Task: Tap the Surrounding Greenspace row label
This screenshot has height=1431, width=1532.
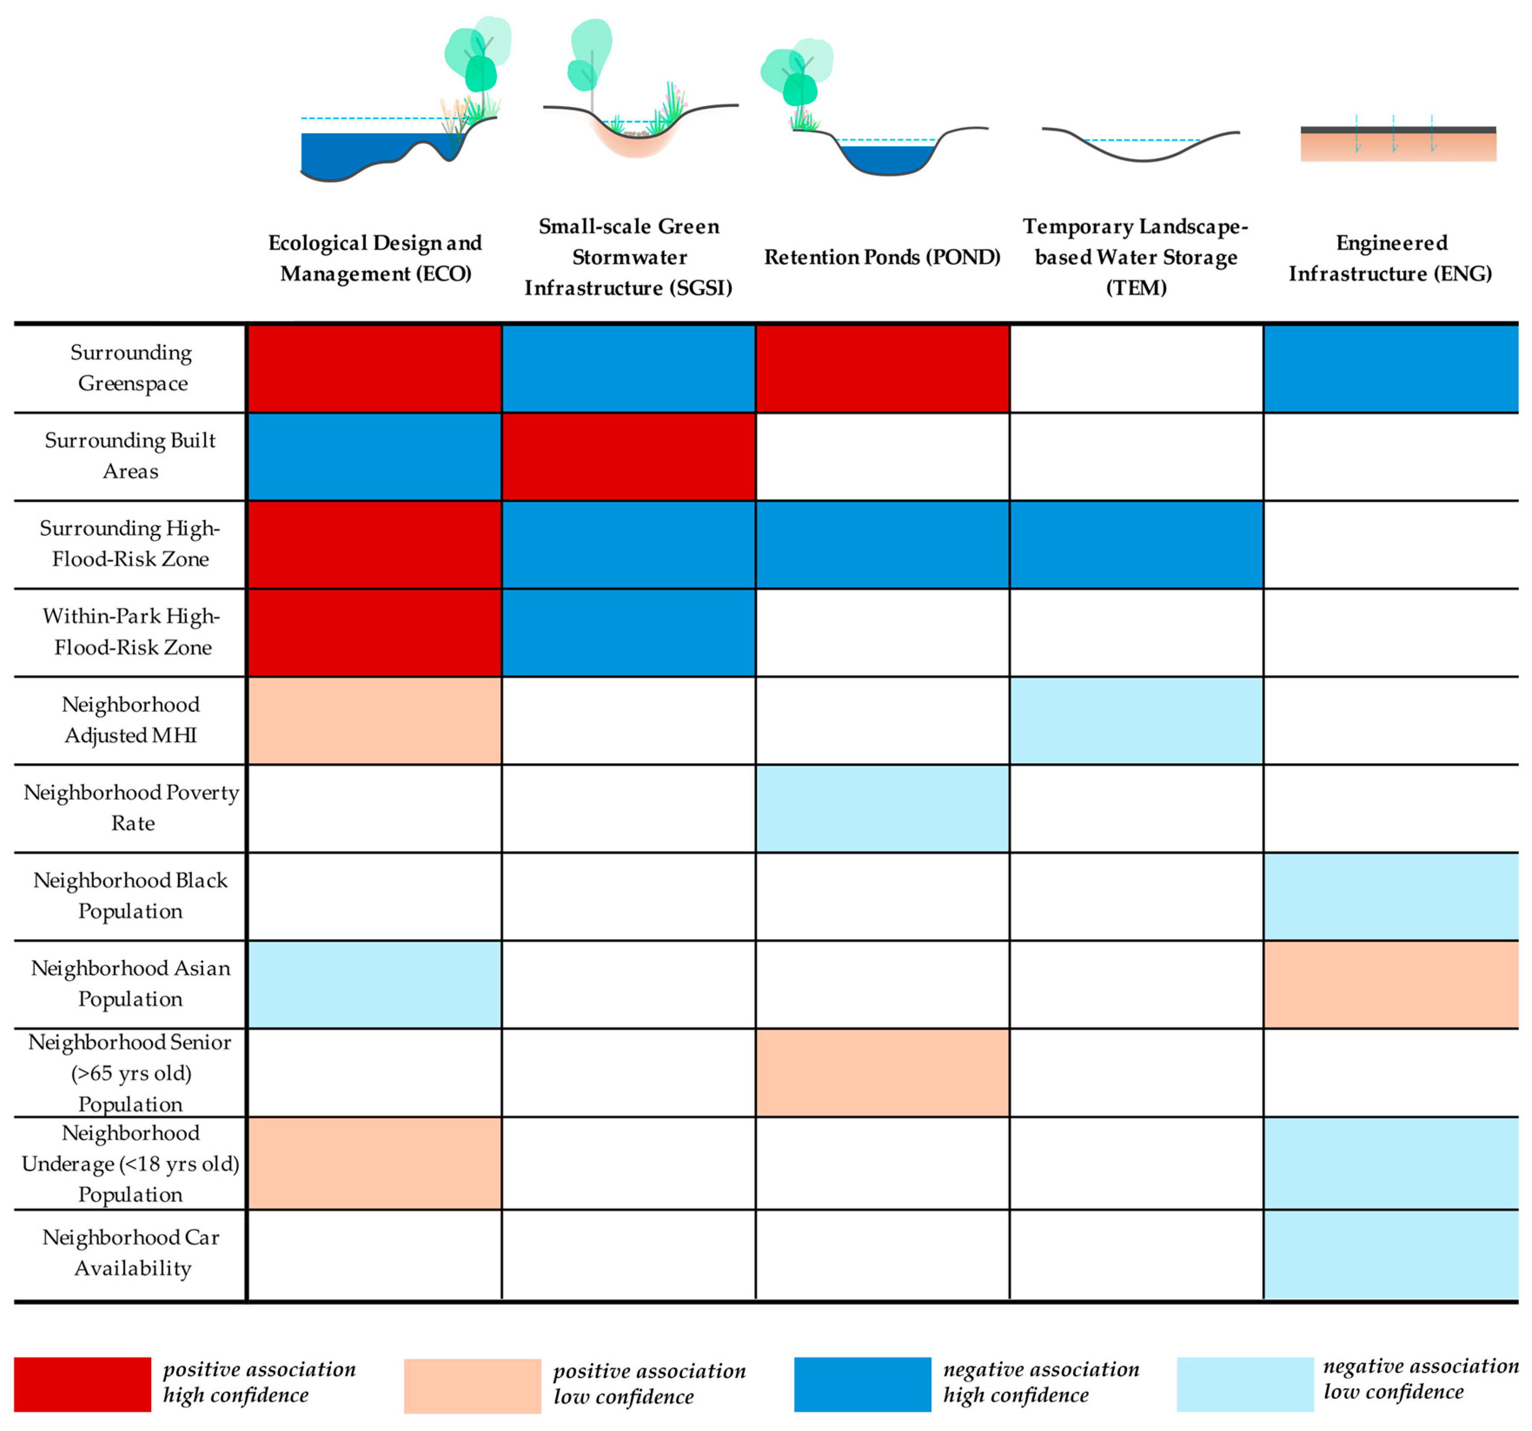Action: [131, 368]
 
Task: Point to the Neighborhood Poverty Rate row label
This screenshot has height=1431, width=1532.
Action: [131, 807]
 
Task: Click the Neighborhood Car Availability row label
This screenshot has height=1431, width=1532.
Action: [131, 1252]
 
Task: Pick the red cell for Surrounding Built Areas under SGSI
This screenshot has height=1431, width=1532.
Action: [628, 457]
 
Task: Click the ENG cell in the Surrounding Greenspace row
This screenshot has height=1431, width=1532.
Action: [1390, 369]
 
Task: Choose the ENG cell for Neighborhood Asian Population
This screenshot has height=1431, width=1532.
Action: [1390, 984]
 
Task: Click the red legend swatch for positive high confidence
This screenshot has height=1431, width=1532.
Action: [83, 1384]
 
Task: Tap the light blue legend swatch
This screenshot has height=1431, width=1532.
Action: [1244, 1384]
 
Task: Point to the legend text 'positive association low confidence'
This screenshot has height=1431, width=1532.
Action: [649, 1384]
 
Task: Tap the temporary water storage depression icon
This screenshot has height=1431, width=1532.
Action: [1141, 147]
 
